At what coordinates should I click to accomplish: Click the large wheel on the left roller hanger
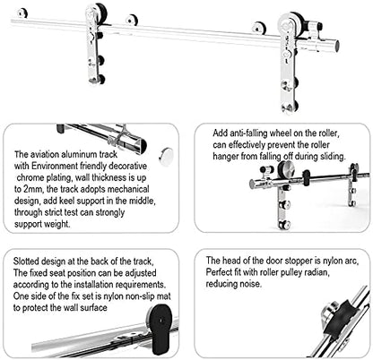pyautogui.click(x=94, y=19)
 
